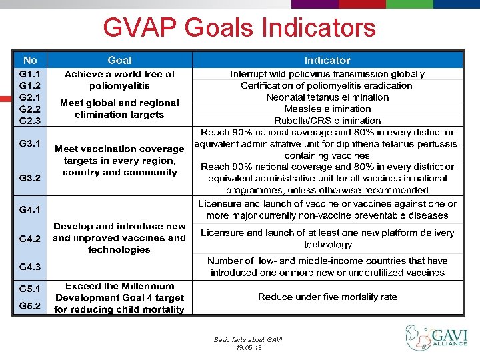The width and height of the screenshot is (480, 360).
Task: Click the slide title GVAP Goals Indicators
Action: (x=239, y=28)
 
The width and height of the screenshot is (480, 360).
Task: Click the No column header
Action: (x=30, y=60)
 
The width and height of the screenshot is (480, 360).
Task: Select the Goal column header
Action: (x=119, y=60)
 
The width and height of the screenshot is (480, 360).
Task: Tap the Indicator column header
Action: (x=327, y=60)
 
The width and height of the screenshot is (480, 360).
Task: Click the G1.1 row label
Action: (x=30, y=75)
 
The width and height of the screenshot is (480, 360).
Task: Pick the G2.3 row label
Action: (x=30, y=120)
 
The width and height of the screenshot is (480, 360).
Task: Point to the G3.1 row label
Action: (x=30, y=143)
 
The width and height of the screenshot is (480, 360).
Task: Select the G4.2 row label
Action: (x=30, y=238)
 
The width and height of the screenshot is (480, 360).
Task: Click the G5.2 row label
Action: (x=30, y=306)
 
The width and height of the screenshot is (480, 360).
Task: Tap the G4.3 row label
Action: (x=30, y=267)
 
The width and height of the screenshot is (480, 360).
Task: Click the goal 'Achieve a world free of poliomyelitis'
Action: (x=119, y=80)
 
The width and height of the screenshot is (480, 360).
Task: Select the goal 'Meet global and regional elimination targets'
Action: (x=119, y=109)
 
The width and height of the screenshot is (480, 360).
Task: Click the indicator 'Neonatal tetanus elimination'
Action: (x=327, y=97)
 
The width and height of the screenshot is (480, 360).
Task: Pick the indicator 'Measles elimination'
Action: (x=327, y=109)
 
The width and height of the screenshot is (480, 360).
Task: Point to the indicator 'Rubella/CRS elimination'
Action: (x=327, y=121)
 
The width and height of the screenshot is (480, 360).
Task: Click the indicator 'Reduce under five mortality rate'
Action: (x=327, y=297)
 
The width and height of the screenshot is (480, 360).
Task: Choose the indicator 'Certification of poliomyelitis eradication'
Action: (x=327, y=85)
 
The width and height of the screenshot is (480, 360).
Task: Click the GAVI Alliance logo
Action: (x=437, y=338)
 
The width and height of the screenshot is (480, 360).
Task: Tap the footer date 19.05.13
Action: (x=248, y=347)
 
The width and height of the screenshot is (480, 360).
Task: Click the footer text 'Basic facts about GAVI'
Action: (x=248, y=339)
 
